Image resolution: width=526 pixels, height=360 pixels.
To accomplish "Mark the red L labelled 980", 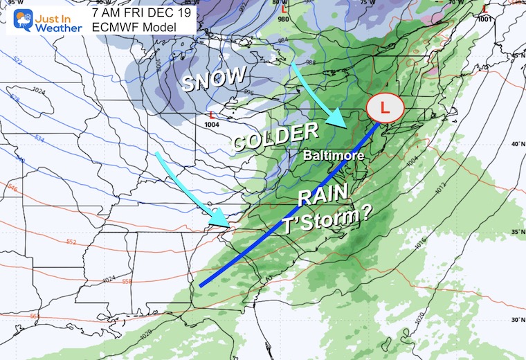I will [x=284, y=9].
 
